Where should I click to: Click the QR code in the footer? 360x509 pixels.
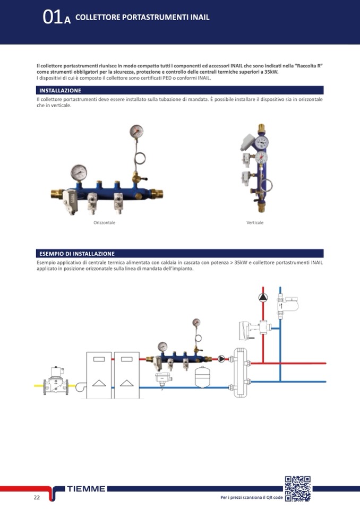coord(298,488)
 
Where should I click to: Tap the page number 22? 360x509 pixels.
coord(37,497)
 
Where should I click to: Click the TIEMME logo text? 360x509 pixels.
coord(86,488)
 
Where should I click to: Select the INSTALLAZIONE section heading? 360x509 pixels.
coord(60,91)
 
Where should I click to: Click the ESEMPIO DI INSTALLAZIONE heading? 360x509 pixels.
coord(77,254)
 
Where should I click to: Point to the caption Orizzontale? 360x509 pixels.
coord(104,223)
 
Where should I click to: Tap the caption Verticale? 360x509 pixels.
coord(255,223)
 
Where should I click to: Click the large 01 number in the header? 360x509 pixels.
coord(52,17)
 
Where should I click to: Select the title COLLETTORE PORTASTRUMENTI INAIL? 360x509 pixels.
coord(142,17)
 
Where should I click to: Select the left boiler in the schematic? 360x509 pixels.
coord(99,375)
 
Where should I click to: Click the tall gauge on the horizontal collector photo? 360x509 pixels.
coord(136,132)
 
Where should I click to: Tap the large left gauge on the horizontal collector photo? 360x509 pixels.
coord(79,172)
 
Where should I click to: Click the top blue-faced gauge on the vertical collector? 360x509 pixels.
coord(262,142)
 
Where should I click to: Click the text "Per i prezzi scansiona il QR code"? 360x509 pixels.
coord(251,498)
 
